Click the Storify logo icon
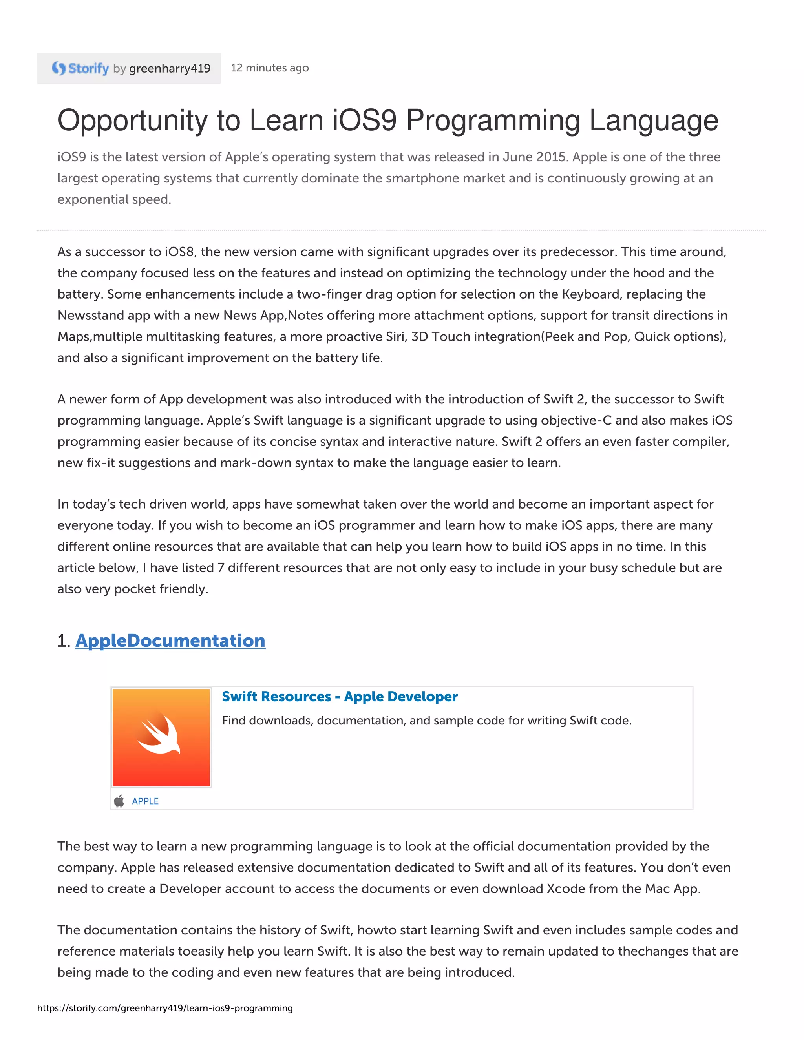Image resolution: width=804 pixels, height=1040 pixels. tap(59, 69)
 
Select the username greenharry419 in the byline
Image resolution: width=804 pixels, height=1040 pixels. tap(170, 69)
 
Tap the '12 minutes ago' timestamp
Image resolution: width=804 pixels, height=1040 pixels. tap(270, 68)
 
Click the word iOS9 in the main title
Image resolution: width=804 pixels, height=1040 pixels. tap(364, 120)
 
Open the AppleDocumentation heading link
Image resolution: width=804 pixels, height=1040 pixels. tap(170, 640)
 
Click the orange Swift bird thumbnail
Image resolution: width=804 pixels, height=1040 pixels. tap(161, 737)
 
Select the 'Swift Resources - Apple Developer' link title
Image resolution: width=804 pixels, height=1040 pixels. tap(340, 697)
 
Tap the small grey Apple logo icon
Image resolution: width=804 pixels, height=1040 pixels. tap(119, 801)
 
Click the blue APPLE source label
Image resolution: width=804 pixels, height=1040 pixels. tap(145, 801)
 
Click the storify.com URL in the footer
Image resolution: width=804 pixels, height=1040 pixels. tap(165, 1008)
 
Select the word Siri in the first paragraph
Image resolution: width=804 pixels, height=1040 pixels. tap(395, 337)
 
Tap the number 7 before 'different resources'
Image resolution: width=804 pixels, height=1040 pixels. tap(221, 567)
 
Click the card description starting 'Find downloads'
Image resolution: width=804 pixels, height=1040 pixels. tap(426, 721)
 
